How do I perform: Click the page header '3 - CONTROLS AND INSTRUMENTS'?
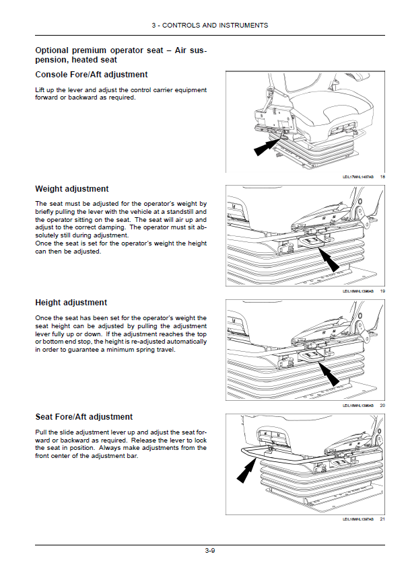point(210,26)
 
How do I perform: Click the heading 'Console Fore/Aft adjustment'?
point(91,75)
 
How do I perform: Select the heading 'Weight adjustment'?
point(71,189)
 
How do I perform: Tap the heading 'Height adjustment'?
point(71,303)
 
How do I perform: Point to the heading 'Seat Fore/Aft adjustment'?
point(83,417)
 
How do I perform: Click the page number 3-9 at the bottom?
point(210,551)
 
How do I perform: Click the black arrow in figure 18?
point(266,146)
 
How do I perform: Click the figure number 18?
point(382,177)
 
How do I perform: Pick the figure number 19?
point(382,291)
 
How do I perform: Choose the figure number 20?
point(382,406)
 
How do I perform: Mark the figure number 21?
point(382,519)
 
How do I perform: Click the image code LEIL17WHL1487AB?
point(358,177)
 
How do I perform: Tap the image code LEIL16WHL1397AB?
point(358,519)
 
